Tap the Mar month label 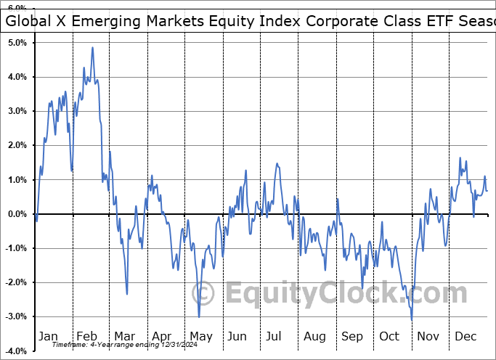coord(125,336)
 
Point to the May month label coord(201,336)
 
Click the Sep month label coord(352,336)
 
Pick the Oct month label coord(390,336)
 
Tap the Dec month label coord(465,336)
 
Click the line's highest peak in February coord(92,48)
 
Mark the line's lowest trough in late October coord(412,319)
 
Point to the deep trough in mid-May coord(199,316)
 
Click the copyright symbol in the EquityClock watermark coord(204,294)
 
